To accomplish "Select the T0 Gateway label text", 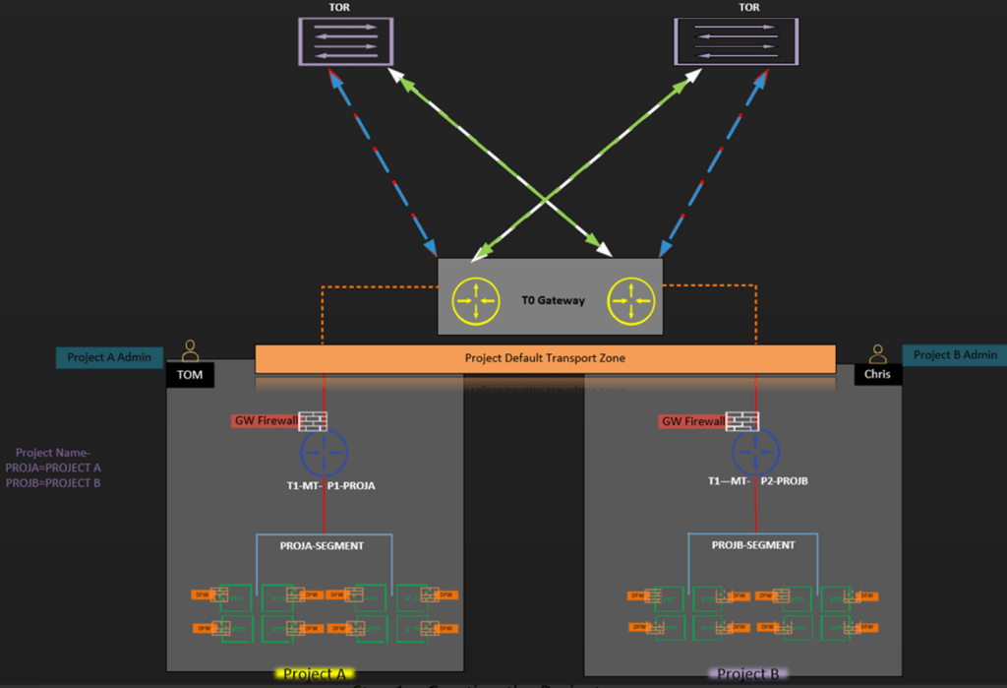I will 554,300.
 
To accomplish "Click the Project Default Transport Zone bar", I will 545,358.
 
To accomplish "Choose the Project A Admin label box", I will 109,357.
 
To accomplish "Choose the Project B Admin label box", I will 955,355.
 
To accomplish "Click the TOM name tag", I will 190,374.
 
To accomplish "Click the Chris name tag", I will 877,374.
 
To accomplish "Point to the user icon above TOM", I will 190,351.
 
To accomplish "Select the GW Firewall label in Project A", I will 265,421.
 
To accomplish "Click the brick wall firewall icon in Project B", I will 740,421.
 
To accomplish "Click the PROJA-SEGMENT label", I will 323,545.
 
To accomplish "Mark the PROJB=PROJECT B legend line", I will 53,483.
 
